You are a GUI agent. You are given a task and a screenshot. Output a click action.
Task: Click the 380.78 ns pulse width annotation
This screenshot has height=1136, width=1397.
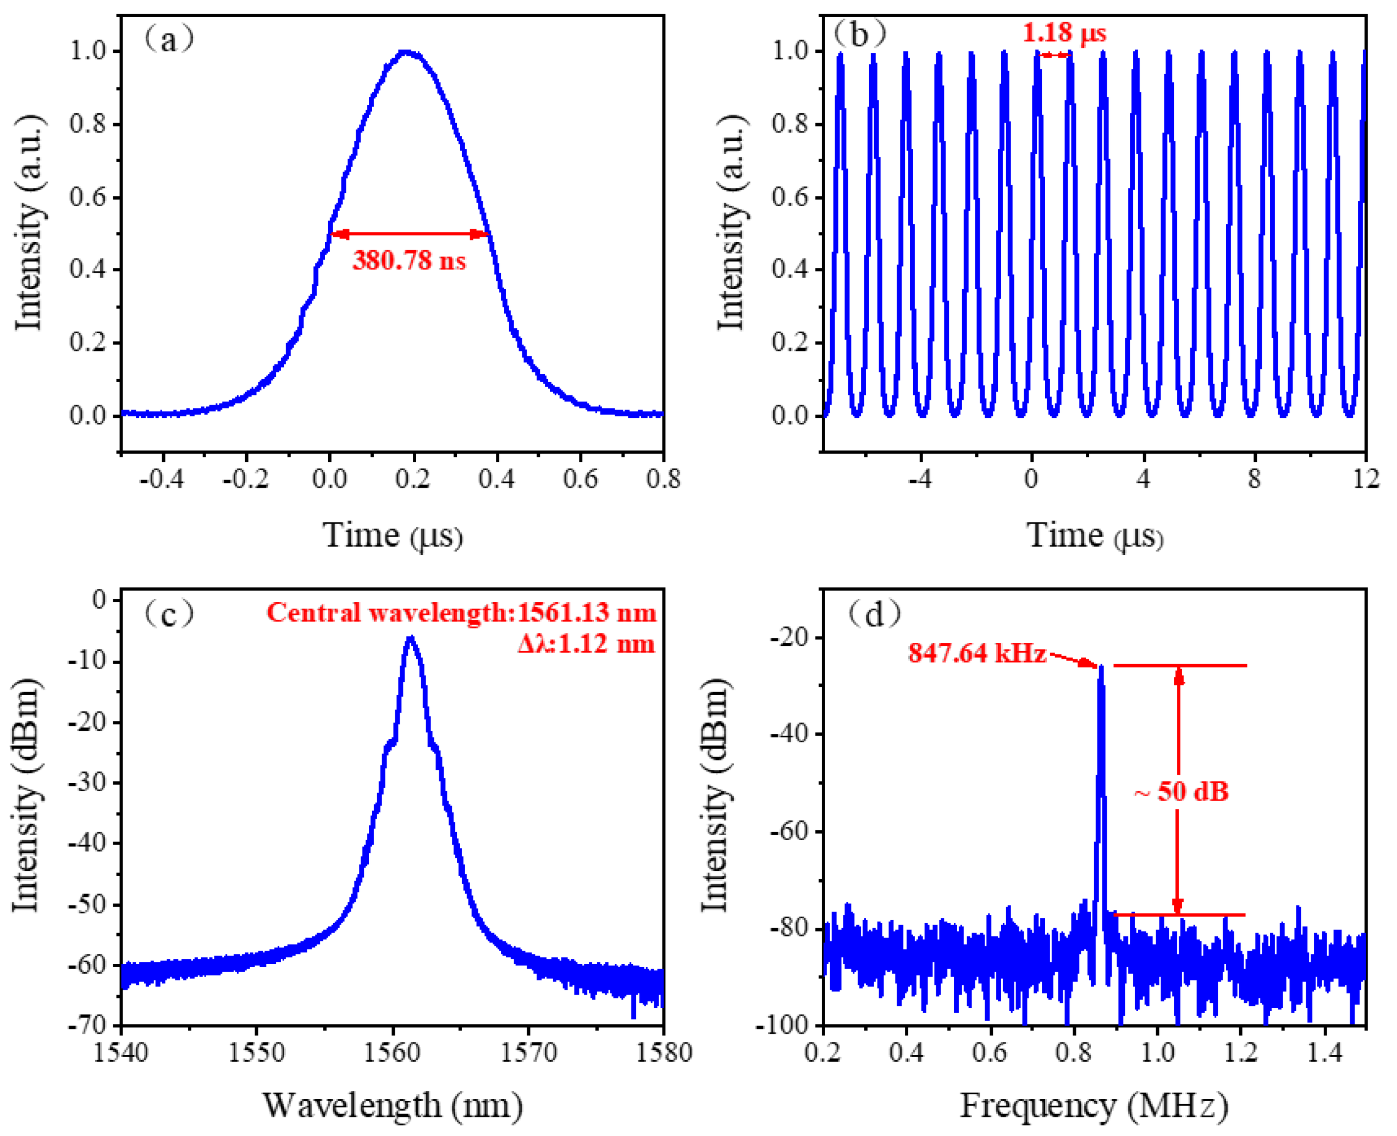pos(409,261)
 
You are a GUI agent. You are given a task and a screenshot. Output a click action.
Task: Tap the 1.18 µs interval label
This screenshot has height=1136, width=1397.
pos(1064,33)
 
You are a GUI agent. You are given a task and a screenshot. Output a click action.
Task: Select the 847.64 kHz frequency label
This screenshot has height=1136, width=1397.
pos(976,653)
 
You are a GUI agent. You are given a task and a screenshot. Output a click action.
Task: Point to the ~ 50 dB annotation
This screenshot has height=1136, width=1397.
pos(1181,792)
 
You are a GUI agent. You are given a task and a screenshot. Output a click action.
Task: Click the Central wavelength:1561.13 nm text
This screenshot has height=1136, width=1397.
pos(461,613)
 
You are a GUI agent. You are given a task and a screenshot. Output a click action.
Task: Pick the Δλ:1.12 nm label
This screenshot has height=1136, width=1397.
pos(586,644)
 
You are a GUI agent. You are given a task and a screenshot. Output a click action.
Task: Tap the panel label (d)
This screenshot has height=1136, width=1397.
pos(874,614)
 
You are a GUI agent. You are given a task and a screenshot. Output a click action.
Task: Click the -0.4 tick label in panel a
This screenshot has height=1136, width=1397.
pos(161,479)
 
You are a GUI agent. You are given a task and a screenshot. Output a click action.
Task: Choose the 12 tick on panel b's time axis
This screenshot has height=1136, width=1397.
pos(1366,479)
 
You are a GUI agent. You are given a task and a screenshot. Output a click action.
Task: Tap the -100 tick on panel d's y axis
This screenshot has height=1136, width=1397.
pos(789,1025)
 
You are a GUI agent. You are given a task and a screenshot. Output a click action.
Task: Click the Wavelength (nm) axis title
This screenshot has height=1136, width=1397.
pos(393,1106)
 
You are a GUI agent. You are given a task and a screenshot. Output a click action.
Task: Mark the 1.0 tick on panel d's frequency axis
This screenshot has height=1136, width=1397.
pos(1158,1052)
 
